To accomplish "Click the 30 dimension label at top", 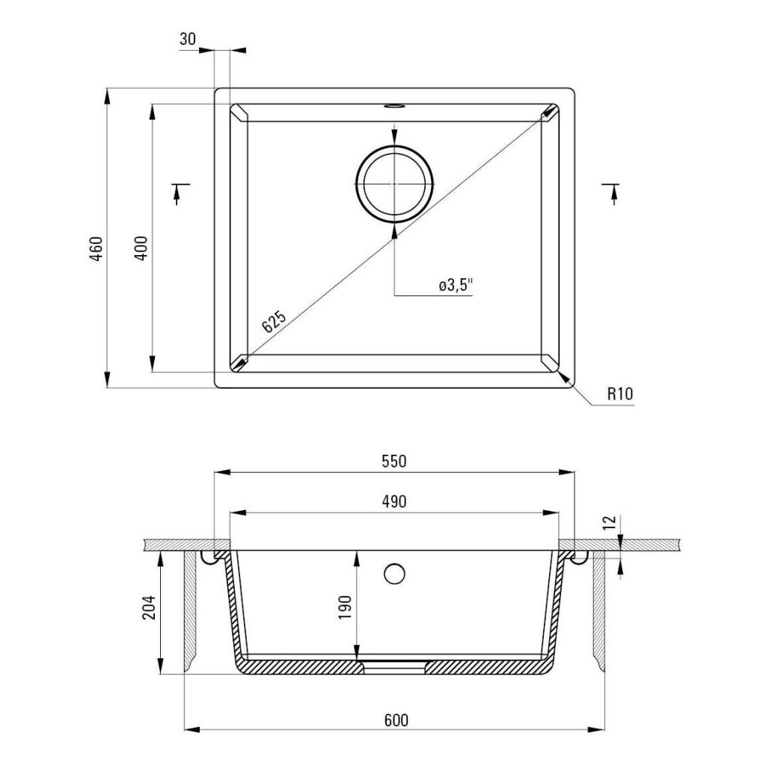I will tap(187, 40).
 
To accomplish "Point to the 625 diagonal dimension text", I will tap(274, 321).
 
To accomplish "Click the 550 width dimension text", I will tap(393, 462).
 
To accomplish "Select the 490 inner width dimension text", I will tap(393, 502).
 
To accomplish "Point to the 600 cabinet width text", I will tap(396, 720).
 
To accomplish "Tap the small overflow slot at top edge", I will tap(393, 106).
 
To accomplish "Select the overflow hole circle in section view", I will tap(394, 574).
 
